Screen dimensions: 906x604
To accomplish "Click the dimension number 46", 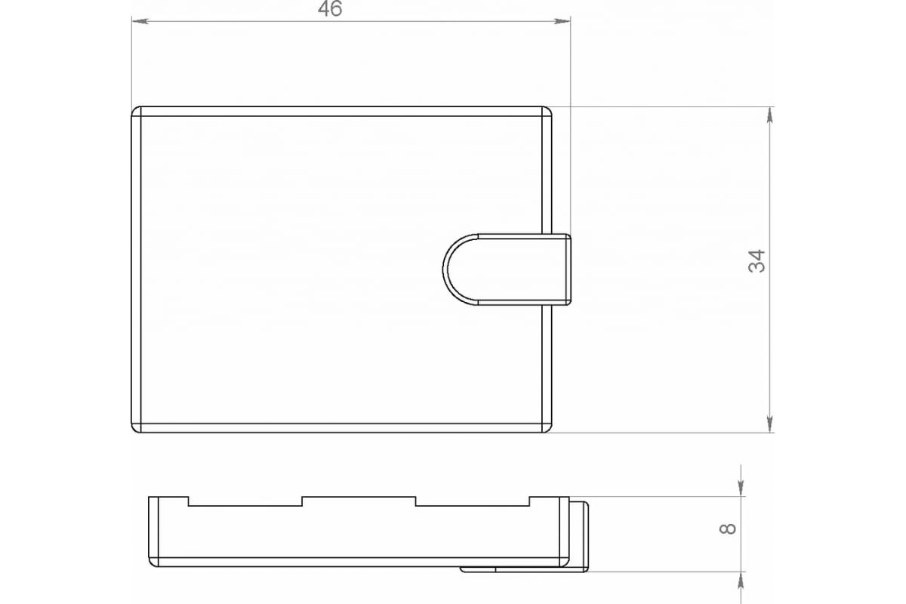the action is pos(330,9).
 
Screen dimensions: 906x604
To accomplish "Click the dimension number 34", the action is pos(757,261).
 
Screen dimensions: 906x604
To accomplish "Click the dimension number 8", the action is pos(728,528).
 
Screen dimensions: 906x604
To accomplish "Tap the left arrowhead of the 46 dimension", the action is pos(140,21).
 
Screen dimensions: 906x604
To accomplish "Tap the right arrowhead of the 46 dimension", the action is pos(562,21).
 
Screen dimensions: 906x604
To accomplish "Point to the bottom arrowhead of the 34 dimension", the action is pos(769,424).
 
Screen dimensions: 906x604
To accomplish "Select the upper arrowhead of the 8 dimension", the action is pos(741,488).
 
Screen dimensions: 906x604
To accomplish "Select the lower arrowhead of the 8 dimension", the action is pos(741,580).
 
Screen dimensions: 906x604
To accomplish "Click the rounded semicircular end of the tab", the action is pos(444,269).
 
